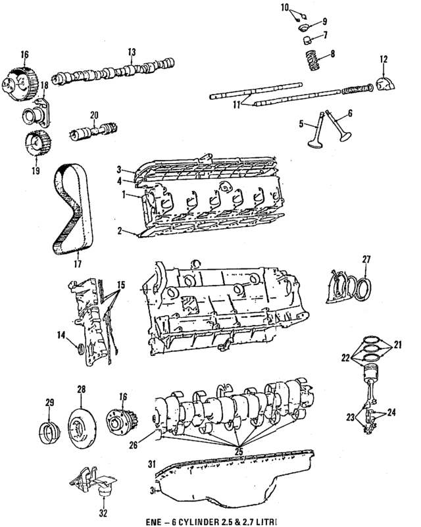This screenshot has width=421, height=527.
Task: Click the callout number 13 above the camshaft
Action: tap(132, 51)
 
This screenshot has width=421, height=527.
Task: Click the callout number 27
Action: tap(366, 259)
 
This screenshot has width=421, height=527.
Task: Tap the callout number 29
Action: tap(48, 402)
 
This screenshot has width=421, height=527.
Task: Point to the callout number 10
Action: tap(284, 8)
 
